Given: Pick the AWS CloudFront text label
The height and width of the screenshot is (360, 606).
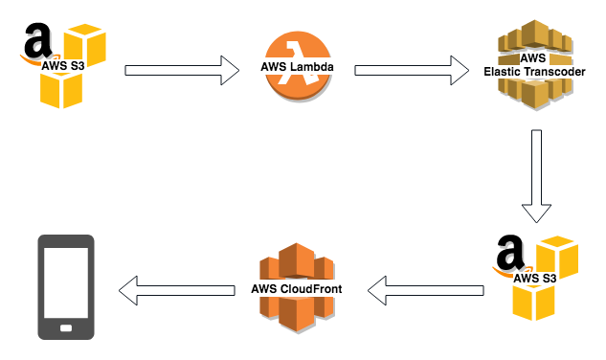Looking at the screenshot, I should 296,288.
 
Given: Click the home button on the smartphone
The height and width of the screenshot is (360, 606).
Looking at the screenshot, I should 66,328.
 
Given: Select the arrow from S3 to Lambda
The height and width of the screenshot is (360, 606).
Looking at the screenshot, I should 183,69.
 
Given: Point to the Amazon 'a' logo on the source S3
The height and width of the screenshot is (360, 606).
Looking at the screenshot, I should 38,44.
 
